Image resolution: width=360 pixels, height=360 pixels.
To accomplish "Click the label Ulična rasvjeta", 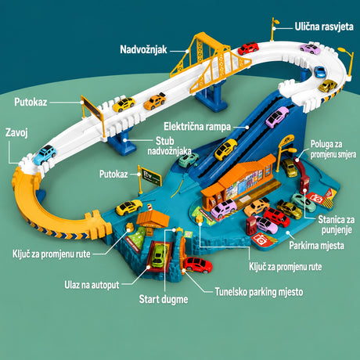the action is pos(324,27).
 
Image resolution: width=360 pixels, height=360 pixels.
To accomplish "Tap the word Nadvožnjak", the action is pos(143,49).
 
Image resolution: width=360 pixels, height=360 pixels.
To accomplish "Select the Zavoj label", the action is pos(16,132).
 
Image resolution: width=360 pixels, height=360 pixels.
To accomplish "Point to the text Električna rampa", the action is pos(197,127).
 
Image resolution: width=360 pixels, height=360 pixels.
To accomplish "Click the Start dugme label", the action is pos(164,299).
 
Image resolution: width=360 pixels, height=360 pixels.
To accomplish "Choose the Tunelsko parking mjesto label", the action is pos(259,292).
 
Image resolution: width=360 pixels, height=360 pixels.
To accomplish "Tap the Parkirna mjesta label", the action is pos(316,246).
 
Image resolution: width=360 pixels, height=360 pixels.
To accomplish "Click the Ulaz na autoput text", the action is pos(92,285).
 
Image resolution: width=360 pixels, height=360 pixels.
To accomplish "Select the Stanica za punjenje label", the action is pos(337,225).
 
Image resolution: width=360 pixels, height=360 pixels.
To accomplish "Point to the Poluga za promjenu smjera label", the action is pos(333,149).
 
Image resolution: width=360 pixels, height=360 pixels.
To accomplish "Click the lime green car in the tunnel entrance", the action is pos(160,256).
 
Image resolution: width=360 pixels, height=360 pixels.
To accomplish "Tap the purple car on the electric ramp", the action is pos(277,117).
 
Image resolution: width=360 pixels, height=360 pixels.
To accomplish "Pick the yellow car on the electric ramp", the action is pos(225,149).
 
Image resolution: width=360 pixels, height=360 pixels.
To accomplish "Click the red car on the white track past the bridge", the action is pos(248,49).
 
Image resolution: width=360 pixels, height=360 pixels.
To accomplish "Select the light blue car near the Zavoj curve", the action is pos(45,155).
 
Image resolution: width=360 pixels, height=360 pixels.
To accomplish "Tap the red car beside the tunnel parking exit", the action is pos(197,265).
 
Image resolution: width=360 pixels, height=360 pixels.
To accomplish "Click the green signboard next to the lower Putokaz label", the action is pos(151,177).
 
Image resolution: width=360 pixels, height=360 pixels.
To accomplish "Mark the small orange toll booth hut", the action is pos(153,221).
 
